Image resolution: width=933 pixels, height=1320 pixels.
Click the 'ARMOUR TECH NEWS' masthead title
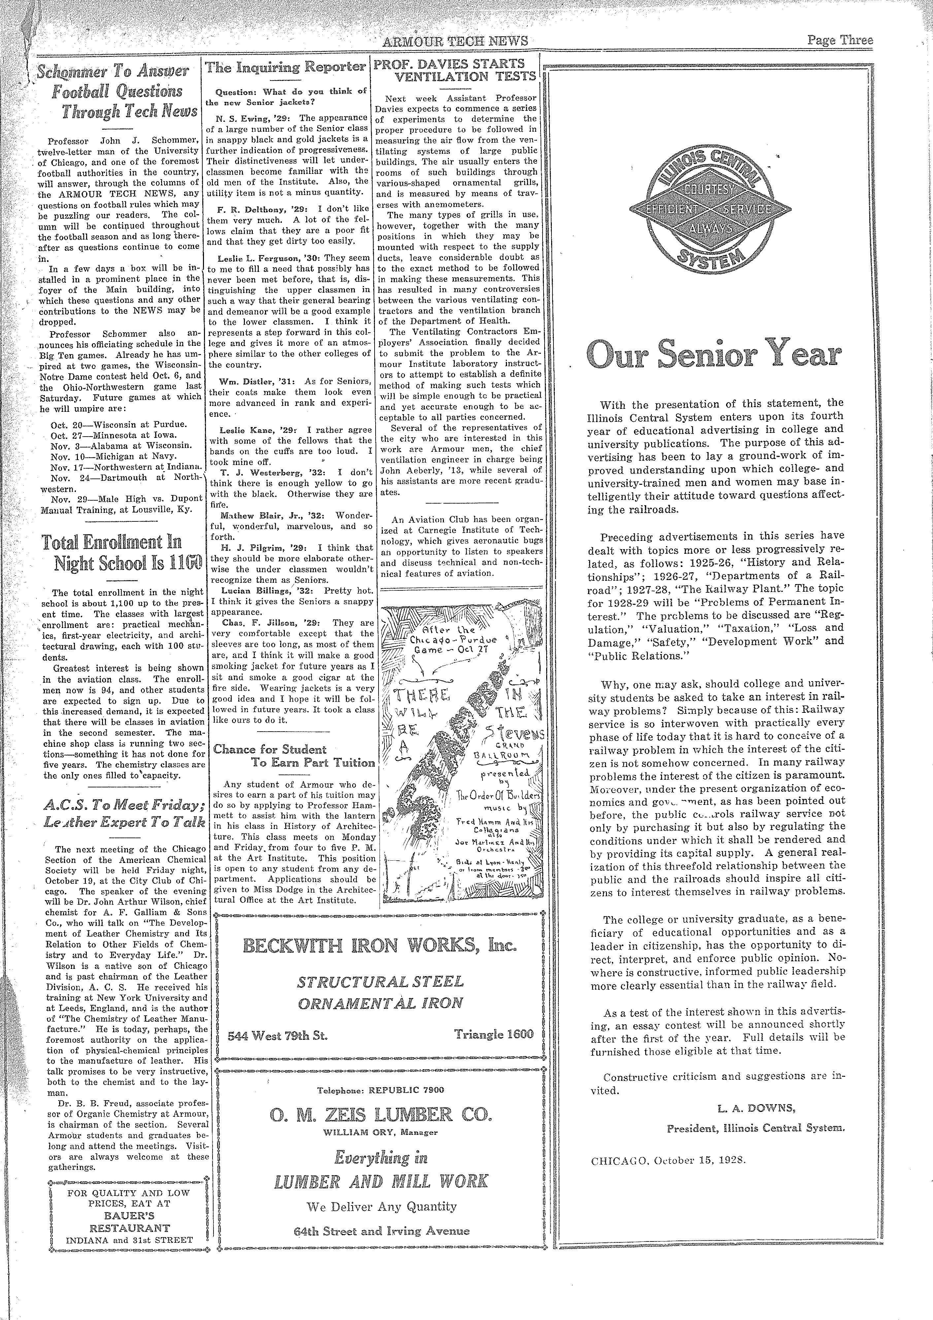pyautogui.click(x=455, y=41)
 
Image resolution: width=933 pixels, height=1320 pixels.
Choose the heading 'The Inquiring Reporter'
pyautogui.click(x=286, y=67)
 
